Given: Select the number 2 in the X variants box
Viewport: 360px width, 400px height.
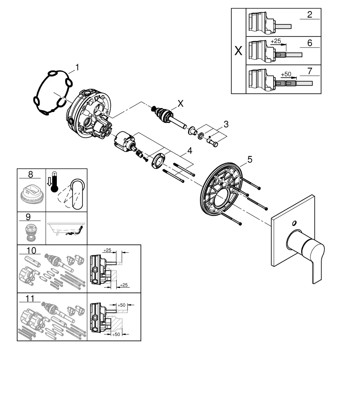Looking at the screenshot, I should pyautogui.click(x=309, y=15).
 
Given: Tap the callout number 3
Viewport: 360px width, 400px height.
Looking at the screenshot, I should pyautogui.click(x=226, y=124).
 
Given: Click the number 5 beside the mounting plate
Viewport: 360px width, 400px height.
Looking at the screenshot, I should pyautogui.click(x=250, y=159).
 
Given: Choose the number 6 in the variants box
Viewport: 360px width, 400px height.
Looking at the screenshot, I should pyautogui.click(x=309, y=42).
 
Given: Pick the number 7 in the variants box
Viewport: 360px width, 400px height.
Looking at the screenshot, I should pyautogui.click(x=309, y=70).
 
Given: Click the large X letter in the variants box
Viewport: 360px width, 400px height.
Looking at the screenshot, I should pyautogui.click(x=238, y=51).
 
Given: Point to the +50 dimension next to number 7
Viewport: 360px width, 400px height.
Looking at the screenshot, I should pyautogui.click(x=286, y=74).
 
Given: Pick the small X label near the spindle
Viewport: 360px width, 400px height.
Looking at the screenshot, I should pyautogui.click(x=181, y=103).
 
